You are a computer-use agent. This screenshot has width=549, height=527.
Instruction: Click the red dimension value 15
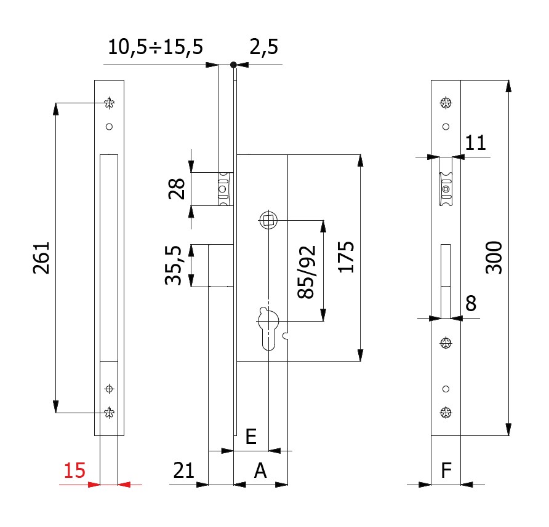tap(74, 470)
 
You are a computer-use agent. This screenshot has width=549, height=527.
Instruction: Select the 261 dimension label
tap(41, 258)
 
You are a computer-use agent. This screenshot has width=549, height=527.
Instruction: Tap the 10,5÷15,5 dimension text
tap(155, 47)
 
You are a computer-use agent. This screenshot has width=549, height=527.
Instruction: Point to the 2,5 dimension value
tap(263, 47)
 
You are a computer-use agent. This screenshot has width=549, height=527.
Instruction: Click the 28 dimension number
tap(177, 189)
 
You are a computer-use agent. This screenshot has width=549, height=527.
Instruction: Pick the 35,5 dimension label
tap(174, 265)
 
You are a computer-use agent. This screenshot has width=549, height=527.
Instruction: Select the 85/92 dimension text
tap(307, 272)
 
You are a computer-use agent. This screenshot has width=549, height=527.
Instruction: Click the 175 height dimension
tap(346, 257)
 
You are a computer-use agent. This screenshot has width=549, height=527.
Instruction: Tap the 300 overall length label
tap(494, 257)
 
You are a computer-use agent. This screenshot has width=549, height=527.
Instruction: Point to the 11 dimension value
tap(476, 143)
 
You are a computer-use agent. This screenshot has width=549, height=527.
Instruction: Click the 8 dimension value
tap(471, 303)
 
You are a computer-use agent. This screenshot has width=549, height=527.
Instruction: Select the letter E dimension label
tap(251, 437)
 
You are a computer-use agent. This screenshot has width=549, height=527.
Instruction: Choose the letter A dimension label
tap(260, 470)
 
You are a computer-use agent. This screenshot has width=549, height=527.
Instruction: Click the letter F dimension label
tap(446, 470)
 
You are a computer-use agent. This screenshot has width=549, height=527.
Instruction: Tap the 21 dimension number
tap(184, 470)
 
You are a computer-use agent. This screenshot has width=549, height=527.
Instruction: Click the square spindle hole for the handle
tap(268, 221)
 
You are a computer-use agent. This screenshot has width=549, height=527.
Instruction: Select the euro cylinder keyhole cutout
tap(268, 329)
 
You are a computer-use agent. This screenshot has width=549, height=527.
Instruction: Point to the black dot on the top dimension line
tap(233, 65)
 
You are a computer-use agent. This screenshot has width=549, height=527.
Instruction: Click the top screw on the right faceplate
tap(446, 103)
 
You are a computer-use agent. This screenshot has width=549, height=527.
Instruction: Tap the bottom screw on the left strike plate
tap(109, 413)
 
